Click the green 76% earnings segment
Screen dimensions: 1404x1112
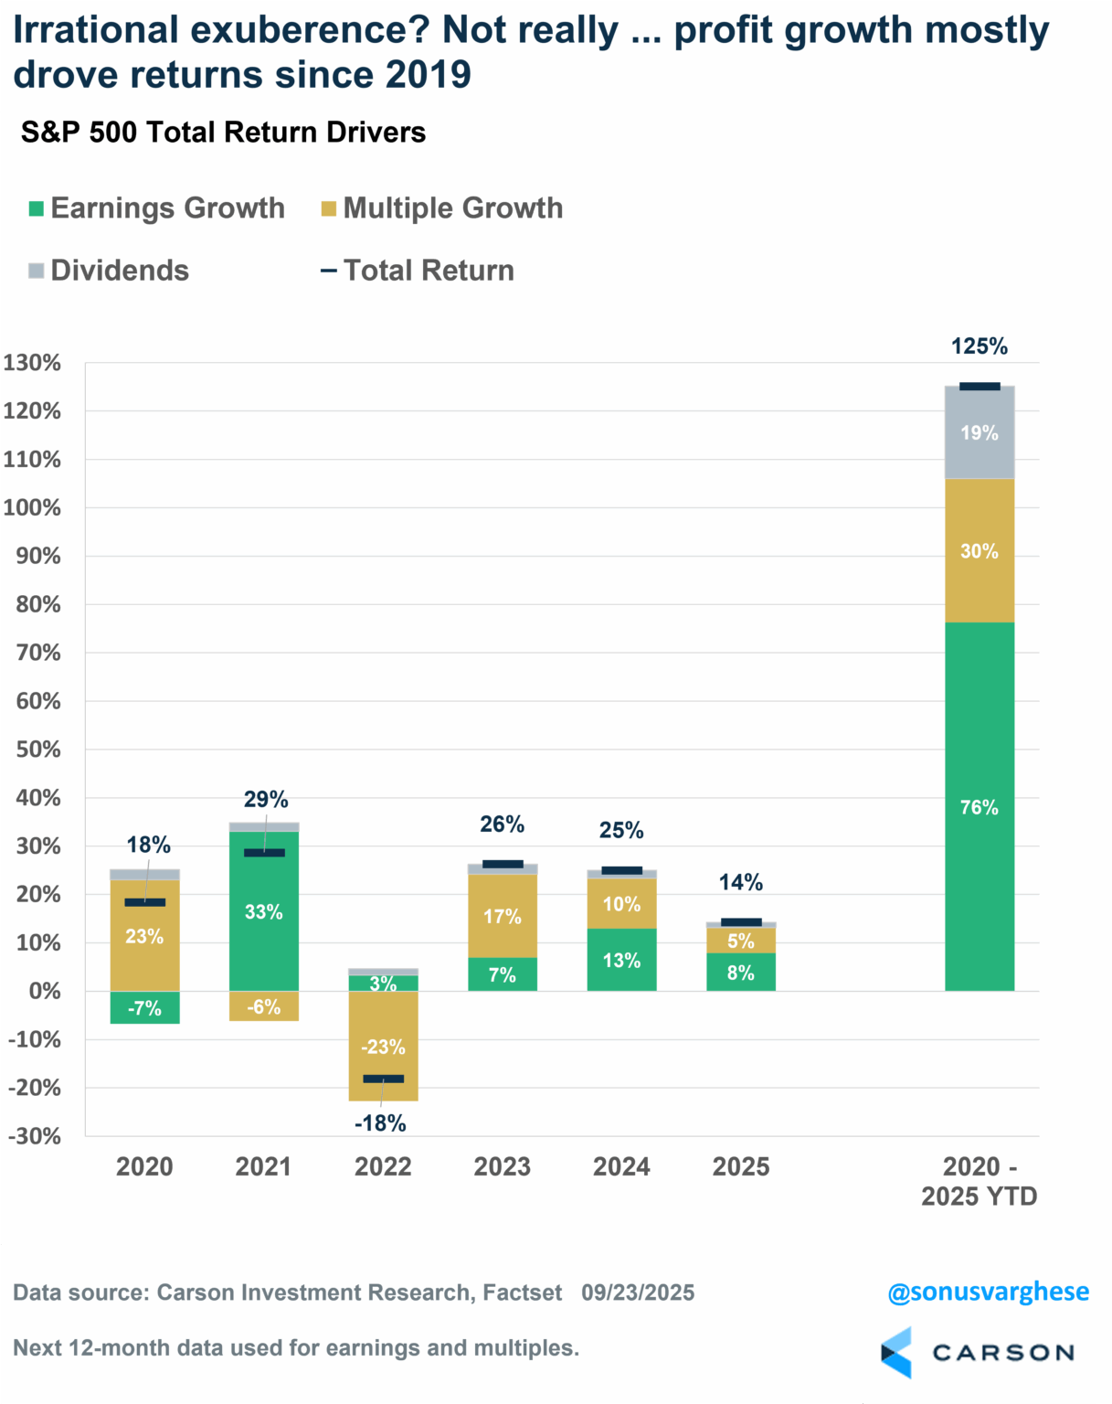(979, 806)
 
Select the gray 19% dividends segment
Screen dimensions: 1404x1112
(979, 432)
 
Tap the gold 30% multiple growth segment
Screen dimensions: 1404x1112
(979, 550)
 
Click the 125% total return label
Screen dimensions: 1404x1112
(979, 346)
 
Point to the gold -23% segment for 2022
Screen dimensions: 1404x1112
(383, 1046)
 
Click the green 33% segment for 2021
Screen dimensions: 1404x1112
(263, 911)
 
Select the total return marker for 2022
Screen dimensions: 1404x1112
(383, 1079)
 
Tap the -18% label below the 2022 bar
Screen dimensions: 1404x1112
(380, 1123)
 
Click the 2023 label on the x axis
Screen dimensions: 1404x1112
(502, 1166)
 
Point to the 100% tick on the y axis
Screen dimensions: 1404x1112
(32, 507)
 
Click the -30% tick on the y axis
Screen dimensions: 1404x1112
(34, 1136)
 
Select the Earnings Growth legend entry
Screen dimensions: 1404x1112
(157, 208)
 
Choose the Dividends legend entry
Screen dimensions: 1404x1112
(109, 271)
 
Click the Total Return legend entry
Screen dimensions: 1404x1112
(418, 271)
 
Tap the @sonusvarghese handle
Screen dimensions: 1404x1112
(988, 1292)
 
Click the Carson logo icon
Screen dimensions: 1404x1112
(896, 1352)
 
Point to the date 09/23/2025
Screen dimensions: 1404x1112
(638, 1292)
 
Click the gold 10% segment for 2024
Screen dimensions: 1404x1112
(621, 904)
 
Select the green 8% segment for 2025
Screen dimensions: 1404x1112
(740, 973)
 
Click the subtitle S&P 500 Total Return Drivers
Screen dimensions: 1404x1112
(223, 133)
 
